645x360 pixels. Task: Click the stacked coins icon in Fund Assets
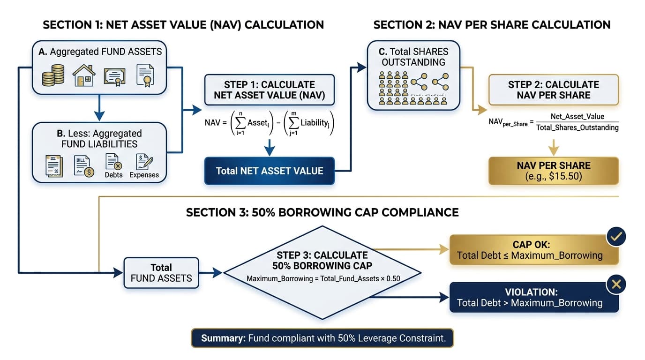[53, 75]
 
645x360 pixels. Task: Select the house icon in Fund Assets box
[84, 75]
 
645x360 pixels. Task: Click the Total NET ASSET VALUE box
[269, 171]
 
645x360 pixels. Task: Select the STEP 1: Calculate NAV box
[269, 90]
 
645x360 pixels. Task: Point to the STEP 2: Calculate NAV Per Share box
[554, 90]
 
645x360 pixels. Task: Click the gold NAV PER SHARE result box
[554, 171]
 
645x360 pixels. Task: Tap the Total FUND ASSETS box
[161, 272]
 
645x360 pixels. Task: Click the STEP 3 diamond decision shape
[322, 272]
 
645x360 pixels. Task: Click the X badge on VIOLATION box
[616, 284]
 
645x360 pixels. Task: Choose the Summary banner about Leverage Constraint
[322, 338]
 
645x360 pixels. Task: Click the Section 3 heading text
[322, 212]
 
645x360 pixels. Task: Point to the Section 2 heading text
[492, 25]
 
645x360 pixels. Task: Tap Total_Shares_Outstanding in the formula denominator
[577, 127]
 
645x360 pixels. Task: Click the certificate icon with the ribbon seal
[145, 75]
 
